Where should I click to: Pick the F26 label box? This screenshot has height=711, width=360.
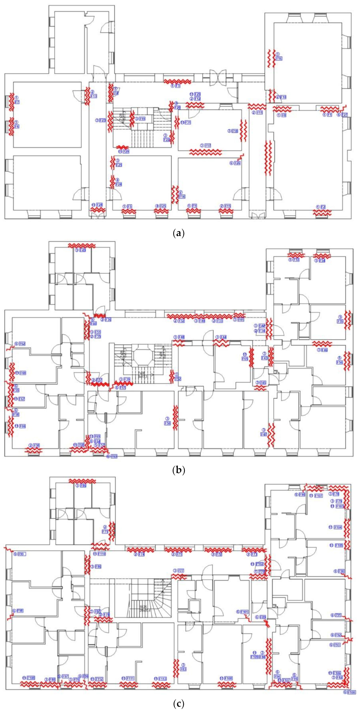coord(237,163)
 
